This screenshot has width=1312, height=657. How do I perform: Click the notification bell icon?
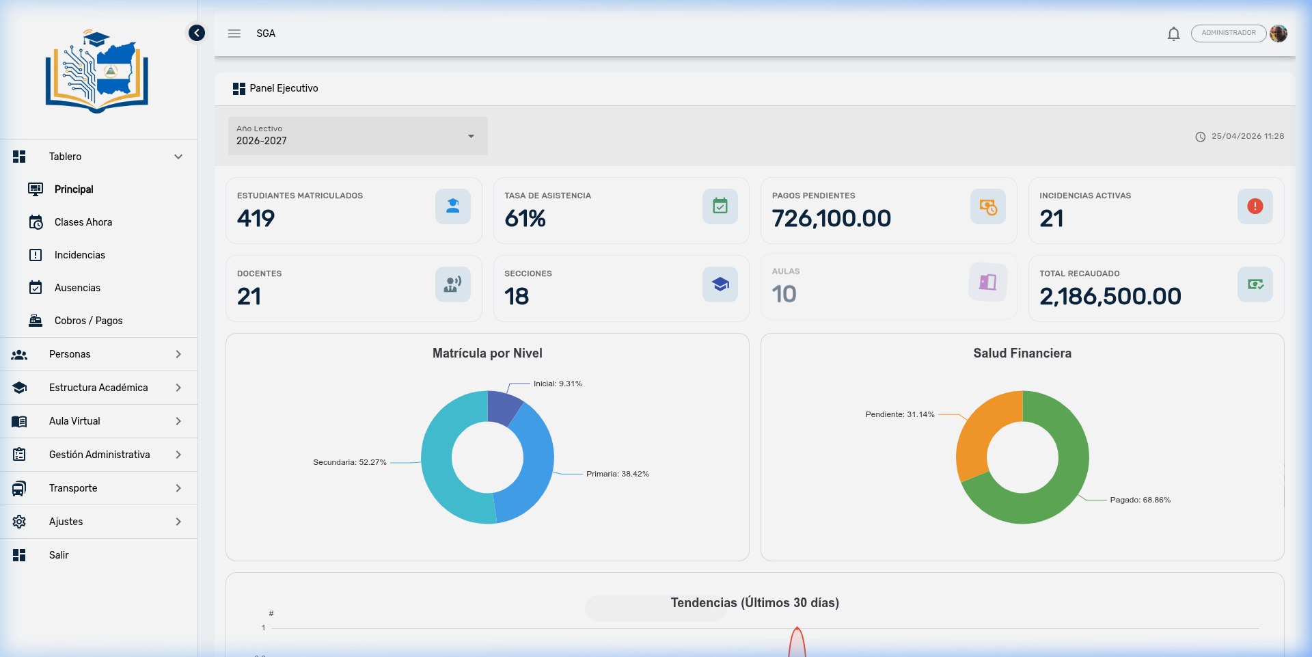click(1173, 33)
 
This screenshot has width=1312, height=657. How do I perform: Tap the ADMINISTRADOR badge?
click(1228, 33)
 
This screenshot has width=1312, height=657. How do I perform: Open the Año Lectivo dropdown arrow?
click(471, 136)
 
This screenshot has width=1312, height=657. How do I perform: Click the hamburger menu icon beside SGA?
click(234, 33)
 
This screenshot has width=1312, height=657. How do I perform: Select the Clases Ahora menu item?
click(83, 222)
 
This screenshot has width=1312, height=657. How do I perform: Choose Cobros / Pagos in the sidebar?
click(88, 321)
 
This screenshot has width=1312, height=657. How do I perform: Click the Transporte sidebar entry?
click(73, 488)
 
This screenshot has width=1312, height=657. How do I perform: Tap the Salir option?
click(59, 555)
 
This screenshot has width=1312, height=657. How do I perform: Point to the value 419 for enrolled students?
click(256, 219)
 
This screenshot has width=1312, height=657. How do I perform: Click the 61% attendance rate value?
click(525, 219)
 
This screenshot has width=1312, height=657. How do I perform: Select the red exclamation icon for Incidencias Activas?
click(1255, 206)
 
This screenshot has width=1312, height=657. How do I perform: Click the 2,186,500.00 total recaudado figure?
click(1110, 297)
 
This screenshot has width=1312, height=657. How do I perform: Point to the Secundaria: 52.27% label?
click(349, 463)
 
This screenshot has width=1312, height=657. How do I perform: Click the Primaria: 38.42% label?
click(617, 474)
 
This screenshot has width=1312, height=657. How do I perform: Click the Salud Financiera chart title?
click(1022, 353)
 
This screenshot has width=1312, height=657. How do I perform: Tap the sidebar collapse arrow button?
click(197, 33)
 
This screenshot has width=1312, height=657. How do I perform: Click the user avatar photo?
click(1279, 33)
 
